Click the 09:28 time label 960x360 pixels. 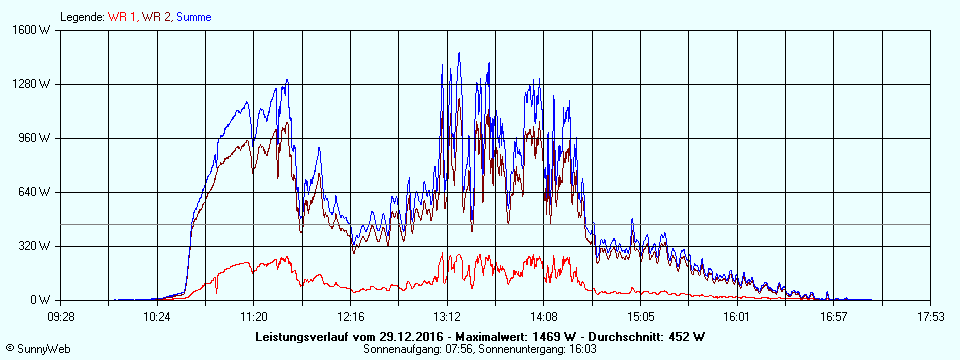[x=61, y=316]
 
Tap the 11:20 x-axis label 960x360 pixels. [x=254, y=316]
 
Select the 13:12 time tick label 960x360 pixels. [x=447, y=316]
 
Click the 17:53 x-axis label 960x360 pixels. [x=930, y=316]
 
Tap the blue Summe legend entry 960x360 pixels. [x=194, y=17]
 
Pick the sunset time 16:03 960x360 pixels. [x=584, y=348]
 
